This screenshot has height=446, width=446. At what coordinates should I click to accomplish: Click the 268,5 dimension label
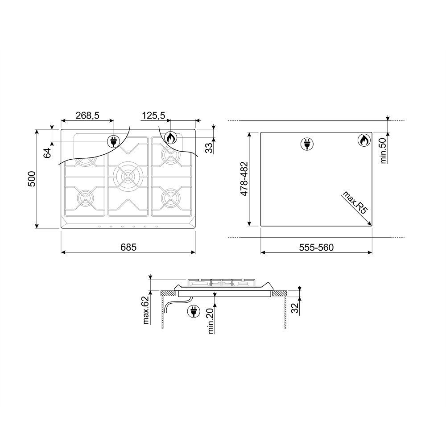(87, 116)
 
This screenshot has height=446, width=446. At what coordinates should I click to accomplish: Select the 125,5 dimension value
(153, 116)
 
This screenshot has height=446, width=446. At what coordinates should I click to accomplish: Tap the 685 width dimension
(128, 247)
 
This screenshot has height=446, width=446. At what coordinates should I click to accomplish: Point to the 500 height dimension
(32, 179)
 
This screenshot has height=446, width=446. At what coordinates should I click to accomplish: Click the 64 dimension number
(47, 153)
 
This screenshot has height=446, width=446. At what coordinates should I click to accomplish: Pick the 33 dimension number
(209, 148)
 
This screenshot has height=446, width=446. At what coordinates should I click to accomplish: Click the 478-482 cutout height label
(244, 179)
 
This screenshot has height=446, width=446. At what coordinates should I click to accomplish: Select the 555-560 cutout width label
(316, 248)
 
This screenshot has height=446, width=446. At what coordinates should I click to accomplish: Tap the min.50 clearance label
(384, 150)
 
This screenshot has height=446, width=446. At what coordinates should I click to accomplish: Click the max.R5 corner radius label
(355, 203)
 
